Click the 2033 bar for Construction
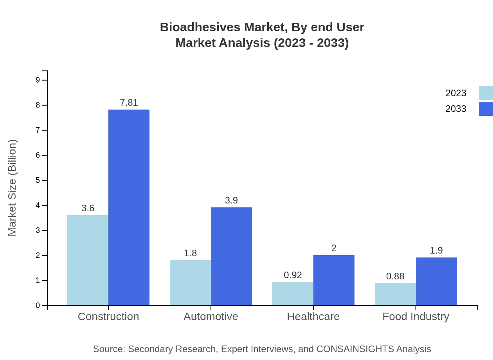129,207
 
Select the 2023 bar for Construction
88,260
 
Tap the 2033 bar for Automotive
231,256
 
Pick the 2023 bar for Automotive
190,283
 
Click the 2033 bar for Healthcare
334,280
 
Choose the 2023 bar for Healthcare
293,293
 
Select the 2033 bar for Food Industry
436,281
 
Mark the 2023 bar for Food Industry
395,294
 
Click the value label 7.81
129,103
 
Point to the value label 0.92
293,275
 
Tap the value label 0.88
395,276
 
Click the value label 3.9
231,200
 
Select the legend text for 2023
456,93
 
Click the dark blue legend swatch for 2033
486,109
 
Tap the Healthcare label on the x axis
313,316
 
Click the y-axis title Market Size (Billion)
13,188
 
